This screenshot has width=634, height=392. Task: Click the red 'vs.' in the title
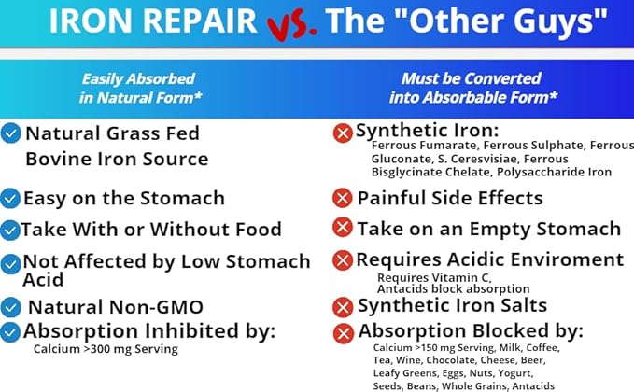(289, 25)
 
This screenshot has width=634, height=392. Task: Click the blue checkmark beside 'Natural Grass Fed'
(11, 133)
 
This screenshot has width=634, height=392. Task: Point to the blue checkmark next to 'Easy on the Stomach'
(10, 199)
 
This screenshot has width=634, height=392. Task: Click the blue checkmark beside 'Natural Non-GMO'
(11, 306)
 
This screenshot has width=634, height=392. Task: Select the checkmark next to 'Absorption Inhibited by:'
(10, 331)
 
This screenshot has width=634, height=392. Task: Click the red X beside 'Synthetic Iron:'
(343, 133)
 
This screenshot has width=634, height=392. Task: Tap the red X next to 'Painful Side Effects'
(343, 198)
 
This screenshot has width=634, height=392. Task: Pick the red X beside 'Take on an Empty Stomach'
(343, 228)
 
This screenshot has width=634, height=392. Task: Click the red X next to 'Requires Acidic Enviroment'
(343, 260)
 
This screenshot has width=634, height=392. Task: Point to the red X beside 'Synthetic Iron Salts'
(343, 306)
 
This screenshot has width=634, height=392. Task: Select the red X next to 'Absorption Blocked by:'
(343, 332)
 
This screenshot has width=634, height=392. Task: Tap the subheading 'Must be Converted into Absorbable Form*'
(479, 89)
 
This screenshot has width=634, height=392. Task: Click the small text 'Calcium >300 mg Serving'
(105, 349)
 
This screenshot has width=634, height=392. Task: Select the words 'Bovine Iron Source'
(117, 159)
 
